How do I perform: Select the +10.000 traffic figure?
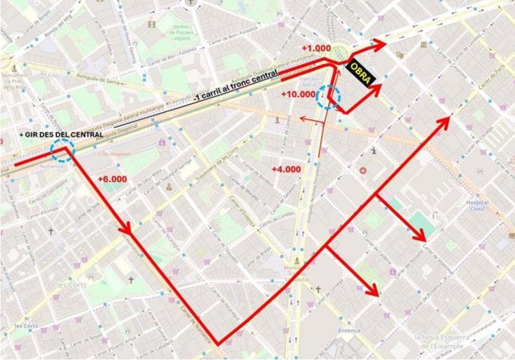pyautogui.click(x=299, y=94)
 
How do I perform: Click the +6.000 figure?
pyautogui.click(x=113, y=179)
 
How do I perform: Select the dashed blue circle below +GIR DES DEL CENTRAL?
pyautogui.click(x=61, y=152)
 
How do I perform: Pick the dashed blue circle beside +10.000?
pyautogui.click(x=328, y=97)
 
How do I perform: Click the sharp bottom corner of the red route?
pyautogui.click(x=218, y=344)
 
